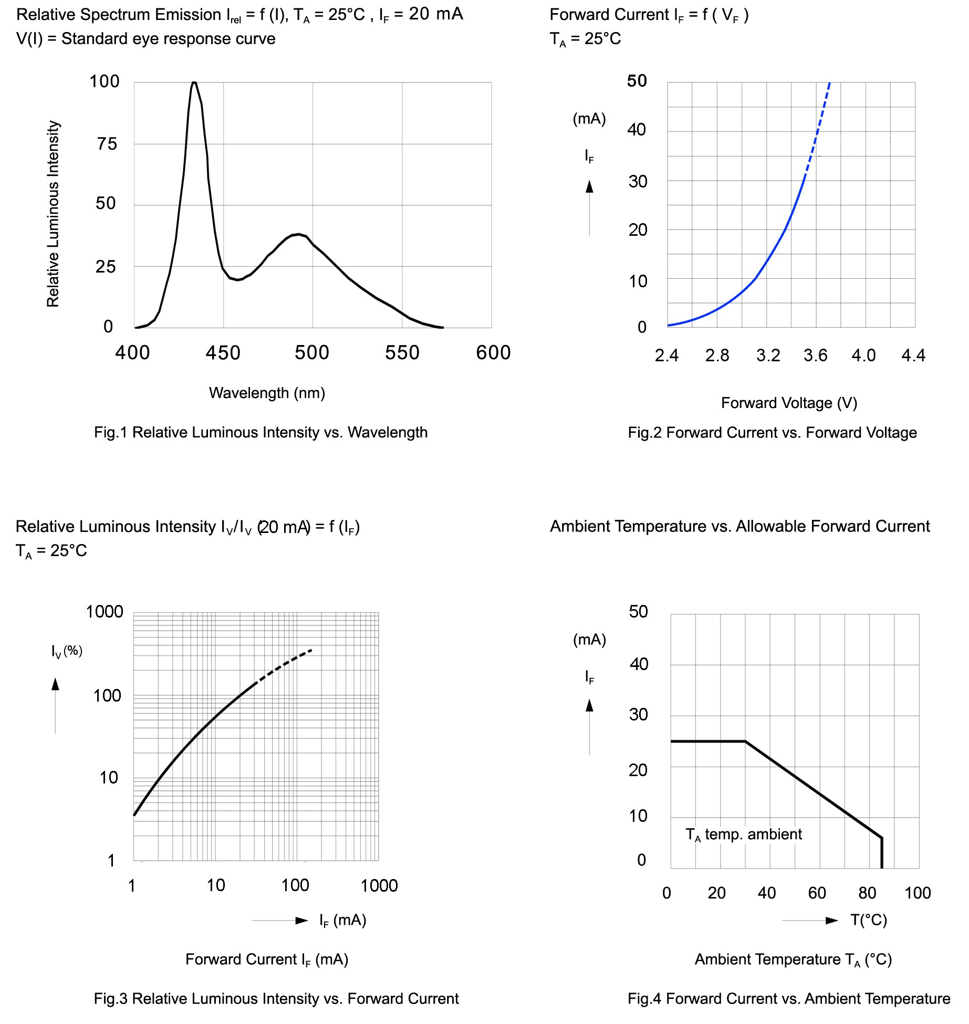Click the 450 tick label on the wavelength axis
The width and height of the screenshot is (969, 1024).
(x=223, y=353)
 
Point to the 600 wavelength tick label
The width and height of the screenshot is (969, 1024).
(x=493, y=353)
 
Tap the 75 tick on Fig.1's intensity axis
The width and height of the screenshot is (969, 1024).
(x=107, y=144)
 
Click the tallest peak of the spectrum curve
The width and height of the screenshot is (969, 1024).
(x=194, y=83)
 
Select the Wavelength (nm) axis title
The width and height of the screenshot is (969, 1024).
(x=267, y=393)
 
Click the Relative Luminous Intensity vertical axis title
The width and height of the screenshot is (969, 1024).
(x=53, y=214)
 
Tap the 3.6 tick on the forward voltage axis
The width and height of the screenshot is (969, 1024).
(x=815, y=356)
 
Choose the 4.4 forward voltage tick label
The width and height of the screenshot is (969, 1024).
(x=913, y=356)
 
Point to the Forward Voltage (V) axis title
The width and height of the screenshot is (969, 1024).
(x=789, y=403)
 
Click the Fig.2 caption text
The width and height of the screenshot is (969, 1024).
(x=772, y=433)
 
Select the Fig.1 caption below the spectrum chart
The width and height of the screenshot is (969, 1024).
(x=261, y=433)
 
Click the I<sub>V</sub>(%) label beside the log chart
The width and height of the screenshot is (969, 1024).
(x=67, y=652)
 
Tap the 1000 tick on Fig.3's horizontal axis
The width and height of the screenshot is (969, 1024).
(x=379, y=886)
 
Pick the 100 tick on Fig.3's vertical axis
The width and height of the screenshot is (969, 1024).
(x=107, y=696)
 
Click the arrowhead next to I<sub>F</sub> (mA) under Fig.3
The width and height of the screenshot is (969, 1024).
(x=302, y=920)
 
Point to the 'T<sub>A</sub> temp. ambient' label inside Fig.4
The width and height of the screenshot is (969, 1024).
(x=743, y=834)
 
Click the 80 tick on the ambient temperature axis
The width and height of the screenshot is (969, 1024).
(x=867, y=893)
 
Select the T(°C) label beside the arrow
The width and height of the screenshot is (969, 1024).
(x=869, y=920)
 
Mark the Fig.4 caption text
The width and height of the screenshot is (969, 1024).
(x=788, y=998)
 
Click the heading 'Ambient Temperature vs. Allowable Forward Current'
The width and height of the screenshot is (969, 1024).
(x=739, y=526)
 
